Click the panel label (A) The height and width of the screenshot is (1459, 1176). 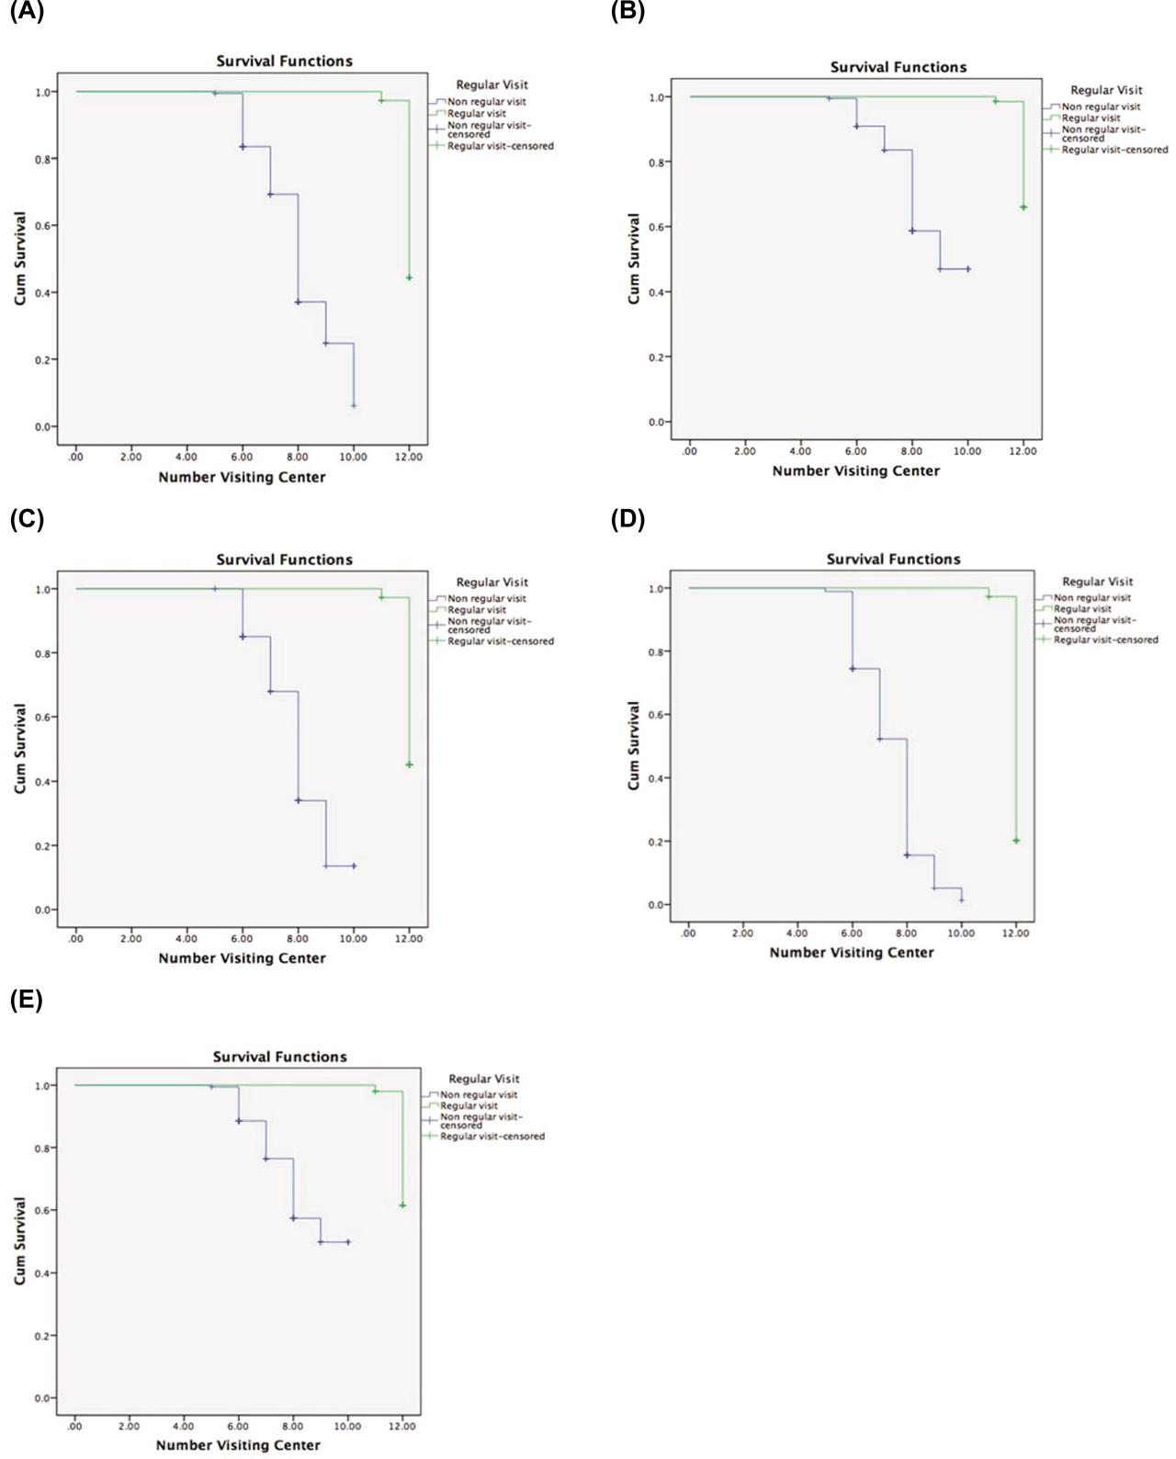click(x=27, y=13)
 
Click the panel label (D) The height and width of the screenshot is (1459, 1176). click(x=628, y=519)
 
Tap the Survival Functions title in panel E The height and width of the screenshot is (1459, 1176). click(x=280, y=1057)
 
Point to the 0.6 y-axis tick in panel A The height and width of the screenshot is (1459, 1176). click(x=42, y=226)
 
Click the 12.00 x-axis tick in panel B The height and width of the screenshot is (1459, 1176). click(x=1023, y=451)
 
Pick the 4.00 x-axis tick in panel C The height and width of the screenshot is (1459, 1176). click(x=187, y=939)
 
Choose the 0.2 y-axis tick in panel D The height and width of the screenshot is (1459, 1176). click(x=656, y=842)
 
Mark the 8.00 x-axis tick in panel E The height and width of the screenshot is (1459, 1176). click(x=293, y=1426)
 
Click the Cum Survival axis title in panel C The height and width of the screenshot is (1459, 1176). click(x=20, y=749)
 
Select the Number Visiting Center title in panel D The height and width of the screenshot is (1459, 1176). click(x=852, y=953)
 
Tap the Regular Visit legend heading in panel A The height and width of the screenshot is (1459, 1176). click(x=492, y=85)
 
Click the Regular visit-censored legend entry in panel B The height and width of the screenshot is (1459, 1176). click(x=1114, y=150)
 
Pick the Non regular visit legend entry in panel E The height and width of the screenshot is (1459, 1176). click(x=478, y=1095)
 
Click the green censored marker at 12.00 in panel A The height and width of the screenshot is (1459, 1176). click(x=409, y=277)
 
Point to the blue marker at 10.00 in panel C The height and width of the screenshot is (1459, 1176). click(x=354, y=865)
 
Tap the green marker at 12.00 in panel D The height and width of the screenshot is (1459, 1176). click(x=1016, y=841)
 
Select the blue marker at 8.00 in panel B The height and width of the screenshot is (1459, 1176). click(x=912, y=231)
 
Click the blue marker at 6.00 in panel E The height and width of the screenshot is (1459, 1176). click(x=238, y=1121)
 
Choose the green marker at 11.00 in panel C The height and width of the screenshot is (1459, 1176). click(x=381, y=597)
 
